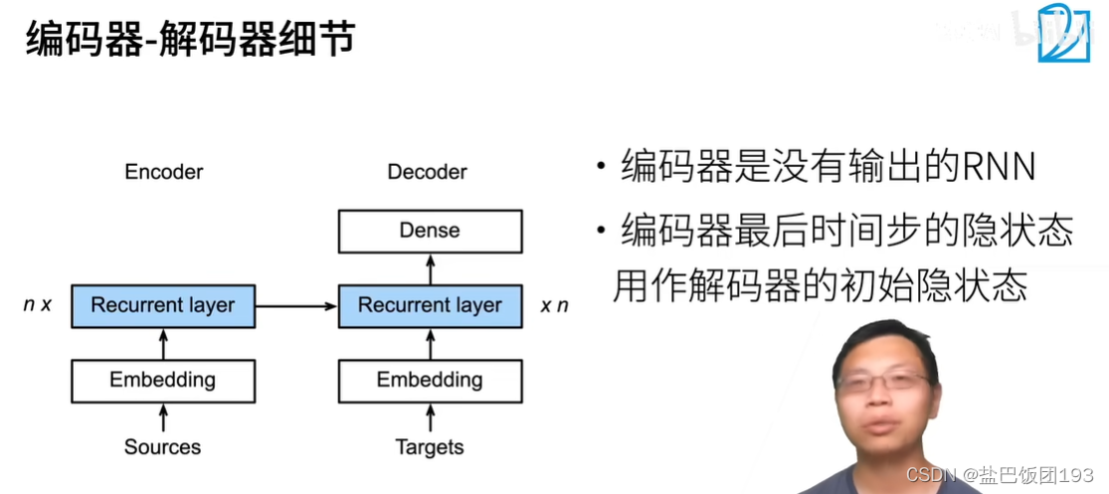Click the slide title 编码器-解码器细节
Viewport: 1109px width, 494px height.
click(x=190, y=43)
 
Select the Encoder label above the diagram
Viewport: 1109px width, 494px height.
click(x=164, y=172)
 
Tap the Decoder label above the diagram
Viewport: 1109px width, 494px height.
click(x=427, y=172)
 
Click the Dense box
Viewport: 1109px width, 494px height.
click(x=430, y=231)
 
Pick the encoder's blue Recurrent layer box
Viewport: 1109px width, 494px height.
click(x=163, y=305)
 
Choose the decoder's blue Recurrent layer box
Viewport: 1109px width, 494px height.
click(x=430, y=305)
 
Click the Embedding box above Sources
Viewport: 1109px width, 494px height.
click(x=163, y=380)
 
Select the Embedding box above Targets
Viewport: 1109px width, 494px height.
click(x=430, y=380)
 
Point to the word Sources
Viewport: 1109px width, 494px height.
click(x=163, y=447)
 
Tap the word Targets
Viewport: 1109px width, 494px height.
click(x=430, y=447)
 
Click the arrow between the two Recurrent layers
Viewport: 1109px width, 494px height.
click(x=296, y=305)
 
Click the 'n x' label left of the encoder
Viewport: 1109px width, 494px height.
click(x=37, y=305)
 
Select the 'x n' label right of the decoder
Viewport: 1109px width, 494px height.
click(x=554, y=305)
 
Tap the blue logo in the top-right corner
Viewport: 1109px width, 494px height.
click(x=1064, y=35)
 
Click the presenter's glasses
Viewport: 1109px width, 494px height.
click(x=885, y=382)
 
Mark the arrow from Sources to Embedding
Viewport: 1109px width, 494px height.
click(x=163, y=417)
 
